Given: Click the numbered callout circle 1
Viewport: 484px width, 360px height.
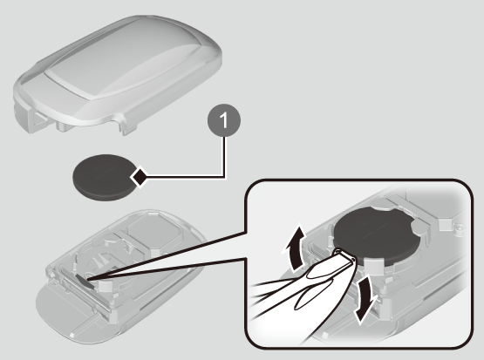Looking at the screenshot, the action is [224, 120].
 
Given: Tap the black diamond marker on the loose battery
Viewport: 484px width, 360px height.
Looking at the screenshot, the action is [139, 177].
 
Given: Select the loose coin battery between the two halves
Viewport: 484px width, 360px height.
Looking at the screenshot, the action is [105, 177].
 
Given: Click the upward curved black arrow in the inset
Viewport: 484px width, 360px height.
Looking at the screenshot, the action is [295, 248].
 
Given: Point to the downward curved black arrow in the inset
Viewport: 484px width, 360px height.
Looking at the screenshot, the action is [365, 299].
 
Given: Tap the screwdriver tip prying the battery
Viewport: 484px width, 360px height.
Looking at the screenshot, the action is [345, 255].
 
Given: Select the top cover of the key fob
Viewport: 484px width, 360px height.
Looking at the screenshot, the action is [118, 74].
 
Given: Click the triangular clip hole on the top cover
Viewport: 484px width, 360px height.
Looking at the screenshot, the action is [39, 119].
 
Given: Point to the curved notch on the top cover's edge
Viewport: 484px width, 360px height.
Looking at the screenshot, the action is [118, 118].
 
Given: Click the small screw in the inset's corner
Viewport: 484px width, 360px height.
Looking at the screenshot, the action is [460, 228].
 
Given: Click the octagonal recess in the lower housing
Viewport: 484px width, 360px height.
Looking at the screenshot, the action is [153, 229].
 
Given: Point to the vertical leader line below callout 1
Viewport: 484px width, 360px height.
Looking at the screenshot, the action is [224, 157].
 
